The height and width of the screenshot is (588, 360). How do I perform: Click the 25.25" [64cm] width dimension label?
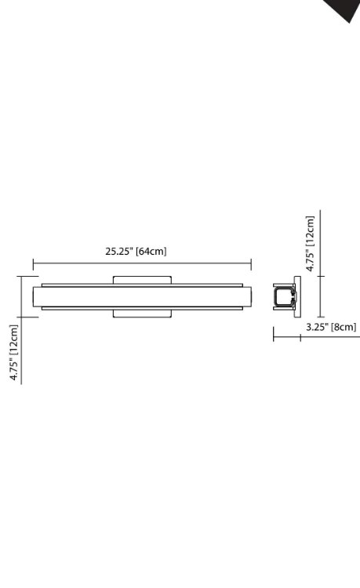pos(136,252)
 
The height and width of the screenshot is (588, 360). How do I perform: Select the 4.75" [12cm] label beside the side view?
pos(311,243)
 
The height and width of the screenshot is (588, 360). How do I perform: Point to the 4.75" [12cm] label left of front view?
pos(14,352)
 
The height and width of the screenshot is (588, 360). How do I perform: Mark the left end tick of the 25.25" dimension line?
pos(33,265)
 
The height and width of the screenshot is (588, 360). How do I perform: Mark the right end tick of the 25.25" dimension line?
pos(251,265)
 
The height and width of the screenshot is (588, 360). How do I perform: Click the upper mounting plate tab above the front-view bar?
pos(142,279)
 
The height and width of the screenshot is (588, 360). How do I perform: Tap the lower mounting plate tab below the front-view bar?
pos(142,314)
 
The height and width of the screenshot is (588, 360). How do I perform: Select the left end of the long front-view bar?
pos(36,297)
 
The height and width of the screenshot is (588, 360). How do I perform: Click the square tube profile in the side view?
pos(283,296)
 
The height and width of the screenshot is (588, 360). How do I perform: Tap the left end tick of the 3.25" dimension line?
pos(273,338)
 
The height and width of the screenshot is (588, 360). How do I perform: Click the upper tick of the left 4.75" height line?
pos(22,276)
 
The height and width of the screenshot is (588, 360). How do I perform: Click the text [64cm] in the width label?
pos(151,252)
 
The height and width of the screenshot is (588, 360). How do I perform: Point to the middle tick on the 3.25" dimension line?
pos(300,338)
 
